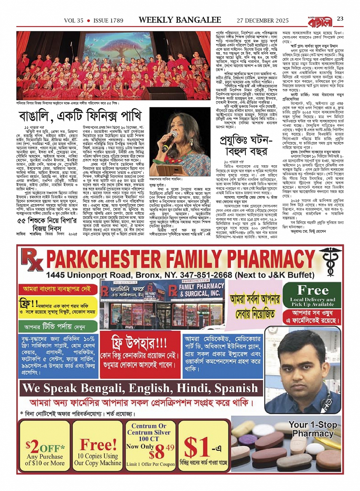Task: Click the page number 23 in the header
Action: click(340, 19)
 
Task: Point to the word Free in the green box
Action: click(313, 290)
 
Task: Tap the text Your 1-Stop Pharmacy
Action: click(313, 429)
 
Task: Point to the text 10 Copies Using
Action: click(98, 456)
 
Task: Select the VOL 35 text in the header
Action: click(74, 21)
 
